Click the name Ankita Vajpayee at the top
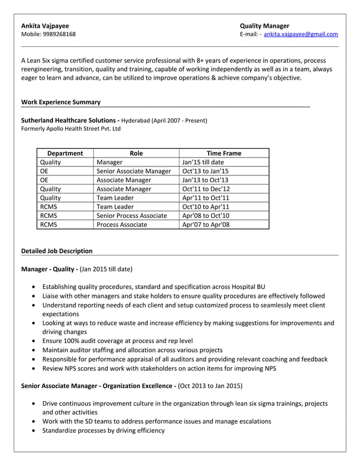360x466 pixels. click(x=45, y=25)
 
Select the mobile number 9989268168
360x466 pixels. click(x=58, y=34)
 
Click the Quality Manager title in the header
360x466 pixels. click(x=264, y=25)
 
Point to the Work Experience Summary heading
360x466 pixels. click(x=60, y=102)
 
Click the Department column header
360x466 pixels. click(x=65, y=153)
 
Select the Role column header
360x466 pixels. click(x=136, y=153)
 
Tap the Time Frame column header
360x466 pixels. click(x=223, y=153)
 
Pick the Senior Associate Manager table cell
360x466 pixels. click(x=133, y=171)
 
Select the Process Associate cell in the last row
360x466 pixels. click(x=122, y=224)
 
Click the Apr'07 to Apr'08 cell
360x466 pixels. click(x=205, y=224)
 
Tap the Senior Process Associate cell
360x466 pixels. click(x=131, y=216)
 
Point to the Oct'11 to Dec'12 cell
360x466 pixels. click(x=206, y=189)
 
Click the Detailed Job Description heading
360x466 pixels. click(x=56, y=250)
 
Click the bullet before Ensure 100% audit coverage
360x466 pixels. click(x=36, y=341)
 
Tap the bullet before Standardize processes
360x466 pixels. click(x=36, y=431)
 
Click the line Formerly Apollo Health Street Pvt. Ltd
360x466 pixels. click(x=71, y=129)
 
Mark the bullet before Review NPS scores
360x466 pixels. click(x=36, y=369)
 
